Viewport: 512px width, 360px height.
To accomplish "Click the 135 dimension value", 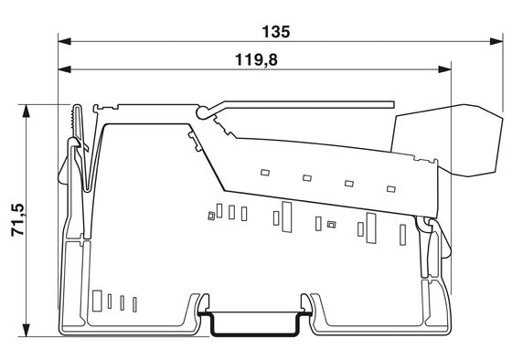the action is [276, 32].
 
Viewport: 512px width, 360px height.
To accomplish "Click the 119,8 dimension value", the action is [256, 60].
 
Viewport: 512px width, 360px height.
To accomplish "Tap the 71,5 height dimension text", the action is [17, 219].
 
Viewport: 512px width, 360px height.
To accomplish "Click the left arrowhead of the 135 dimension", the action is [65, 41].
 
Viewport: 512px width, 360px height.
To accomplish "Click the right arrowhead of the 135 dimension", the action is [496, 41].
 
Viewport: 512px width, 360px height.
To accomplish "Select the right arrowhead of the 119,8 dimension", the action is [444, 69].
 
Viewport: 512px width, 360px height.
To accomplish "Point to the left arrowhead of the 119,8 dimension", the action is [65, 69].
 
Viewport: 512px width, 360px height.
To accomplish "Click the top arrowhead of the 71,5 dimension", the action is [27, 111].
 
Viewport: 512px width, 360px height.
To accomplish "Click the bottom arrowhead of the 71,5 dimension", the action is [27, 330].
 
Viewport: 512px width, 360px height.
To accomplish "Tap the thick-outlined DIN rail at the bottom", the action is [255, 334].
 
